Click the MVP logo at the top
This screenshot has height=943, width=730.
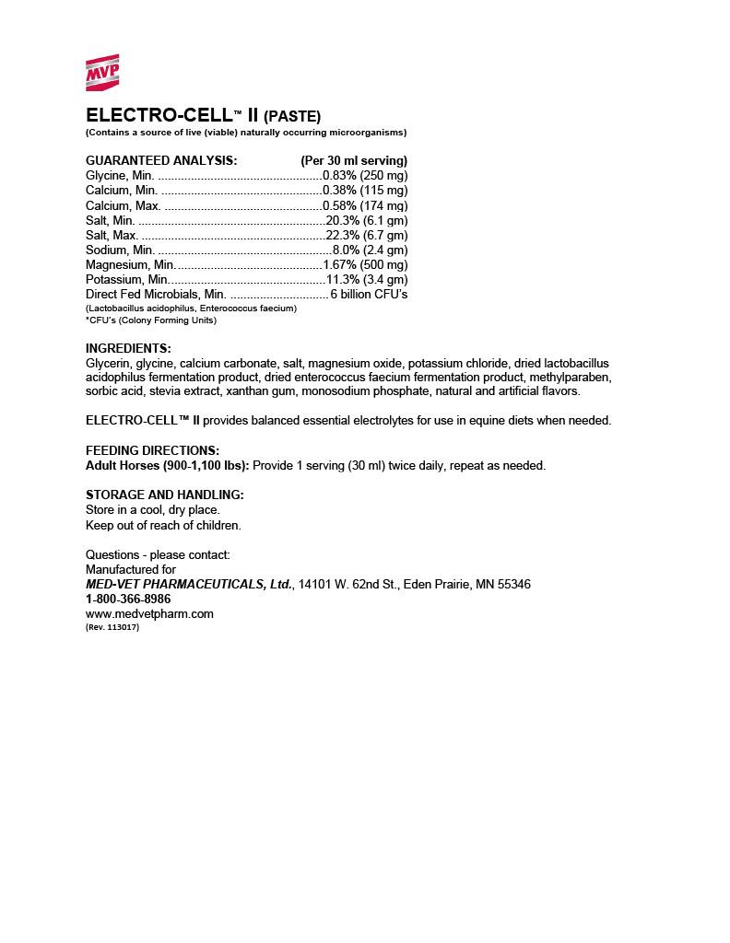[102, 74]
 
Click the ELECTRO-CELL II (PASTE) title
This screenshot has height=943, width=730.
[203, 116]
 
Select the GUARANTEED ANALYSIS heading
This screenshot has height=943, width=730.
[161, 160]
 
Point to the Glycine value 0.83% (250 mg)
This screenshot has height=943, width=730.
[365, 175]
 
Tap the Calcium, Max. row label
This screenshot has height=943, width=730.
[123, 205]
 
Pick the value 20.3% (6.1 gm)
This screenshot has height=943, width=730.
[367, 220]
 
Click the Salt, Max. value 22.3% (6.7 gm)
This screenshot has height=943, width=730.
[367, 235]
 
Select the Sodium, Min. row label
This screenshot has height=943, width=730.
[120, 250]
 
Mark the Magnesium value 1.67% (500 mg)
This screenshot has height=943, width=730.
[365, 264]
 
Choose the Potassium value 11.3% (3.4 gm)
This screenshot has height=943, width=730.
[367, 279]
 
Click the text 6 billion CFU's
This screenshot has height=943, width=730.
[369, 294]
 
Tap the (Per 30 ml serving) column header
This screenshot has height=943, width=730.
[354, 160]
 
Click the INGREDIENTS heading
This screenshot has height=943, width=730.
[128, 348]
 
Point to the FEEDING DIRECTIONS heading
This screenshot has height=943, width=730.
[152, 450]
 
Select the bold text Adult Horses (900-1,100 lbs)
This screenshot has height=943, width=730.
[167, 465]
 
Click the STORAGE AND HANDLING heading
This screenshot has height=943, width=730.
[165, 495]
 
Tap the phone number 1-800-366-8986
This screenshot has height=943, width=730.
[128, 599]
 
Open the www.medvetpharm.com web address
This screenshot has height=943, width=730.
[149, 613]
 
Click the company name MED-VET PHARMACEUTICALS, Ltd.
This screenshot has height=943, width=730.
[190, 584]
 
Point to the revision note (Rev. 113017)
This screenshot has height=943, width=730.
[112, 627]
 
